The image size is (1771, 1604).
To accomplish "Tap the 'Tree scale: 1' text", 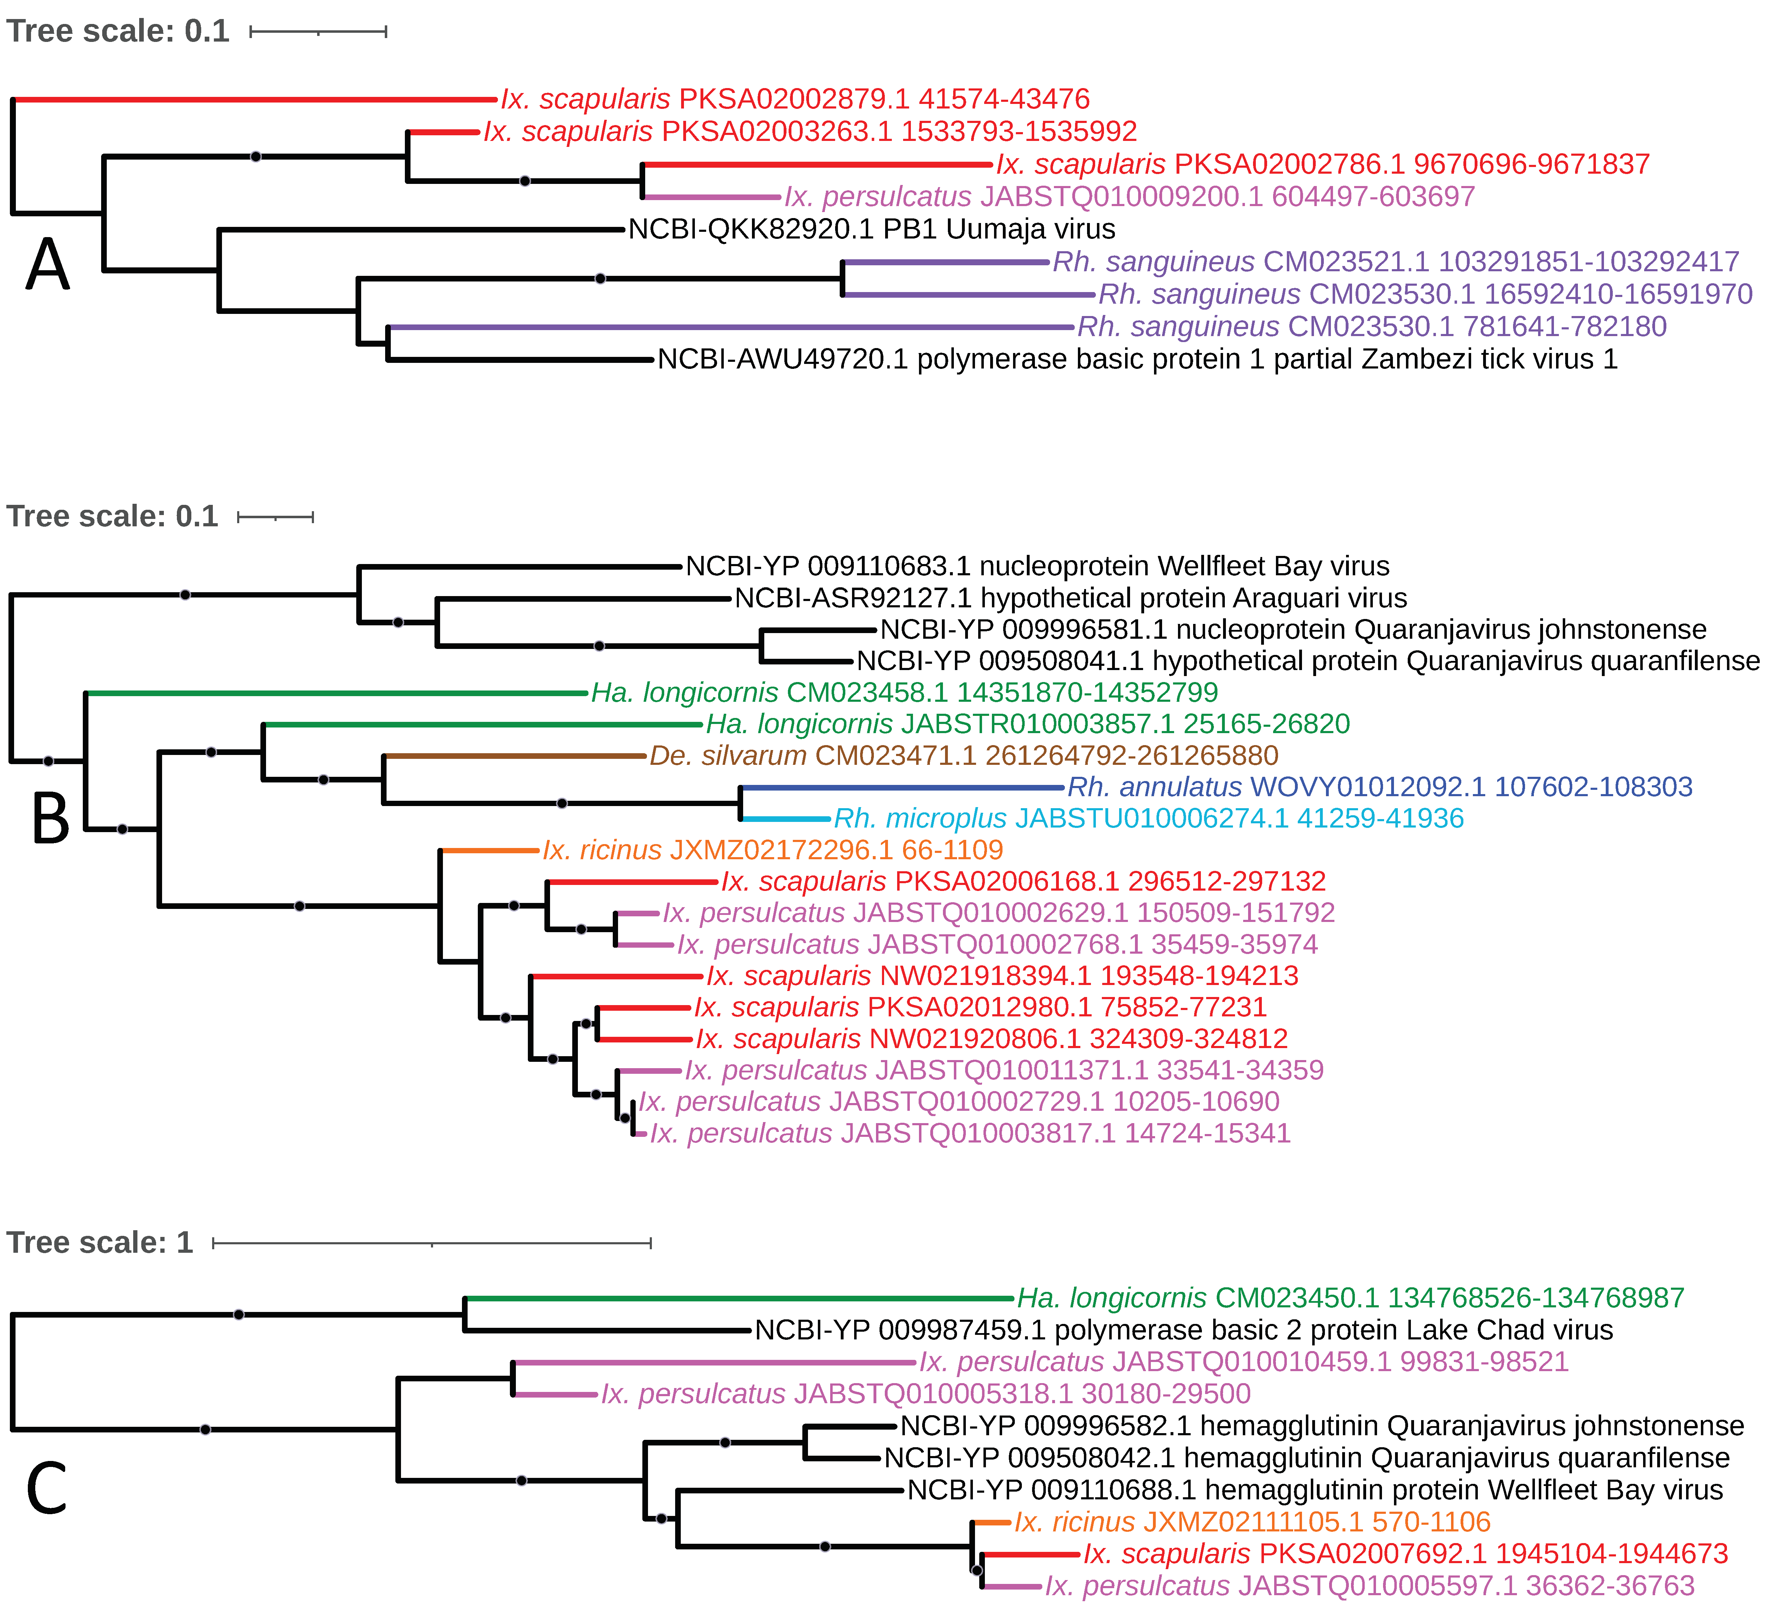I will pyautogui.click(x=99, y=1243).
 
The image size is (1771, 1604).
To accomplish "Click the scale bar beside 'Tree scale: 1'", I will pyautogui.click(x=431, y=1243).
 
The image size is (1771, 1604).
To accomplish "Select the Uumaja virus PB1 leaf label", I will pyautogui.click(x=871, y=229).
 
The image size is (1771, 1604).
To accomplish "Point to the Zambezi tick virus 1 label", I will pyautogui.click(x=1137, y=359).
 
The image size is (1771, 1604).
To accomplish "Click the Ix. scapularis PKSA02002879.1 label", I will pyautogui.click(x=795, y=99).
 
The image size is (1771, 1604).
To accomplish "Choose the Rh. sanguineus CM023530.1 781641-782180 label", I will pyautogui.click(x=1371, y=327).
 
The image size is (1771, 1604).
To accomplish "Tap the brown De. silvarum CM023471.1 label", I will pyautogui.click(x=964, y=755).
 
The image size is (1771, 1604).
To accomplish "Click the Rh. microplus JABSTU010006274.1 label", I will pyautogui.click(x=1148, y=819).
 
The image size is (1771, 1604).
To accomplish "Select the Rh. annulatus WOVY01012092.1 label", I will pyautogui.click(x=1379, y=787).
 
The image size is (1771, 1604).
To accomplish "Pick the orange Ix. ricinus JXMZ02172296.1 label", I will pyautogui.click(x=772, y=850).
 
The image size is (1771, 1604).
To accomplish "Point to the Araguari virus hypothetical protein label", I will pyautogui.click(x=1070, y=598).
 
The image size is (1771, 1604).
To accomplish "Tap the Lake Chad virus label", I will pyautogui.click(x=1183, y=1330).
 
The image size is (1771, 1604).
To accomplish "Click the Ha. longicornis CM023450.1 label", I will pyautogui.click(x=1350, y=1298).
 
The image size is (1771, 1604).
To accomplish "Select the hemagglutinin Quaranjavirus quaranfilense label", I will pyautogui.click(x=1306, y=1458).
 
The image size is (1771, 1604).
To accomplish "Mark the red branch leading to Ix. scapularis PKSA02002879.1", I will pyautogui.click(x=255, y=99).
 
